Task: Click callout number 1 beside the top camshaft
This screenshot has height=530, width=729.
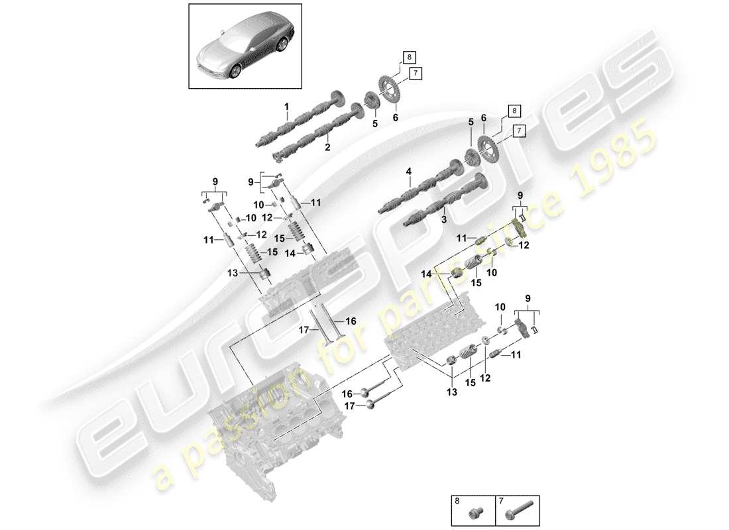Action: click(287, 107)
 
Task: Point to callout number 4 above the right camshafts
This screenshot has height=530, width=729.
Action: click(409, 172)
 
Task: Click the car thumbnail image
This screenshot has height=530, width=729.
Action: click(245, 46)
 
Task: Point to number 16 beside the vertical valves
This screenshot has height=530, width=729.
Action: click(351, 321)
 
